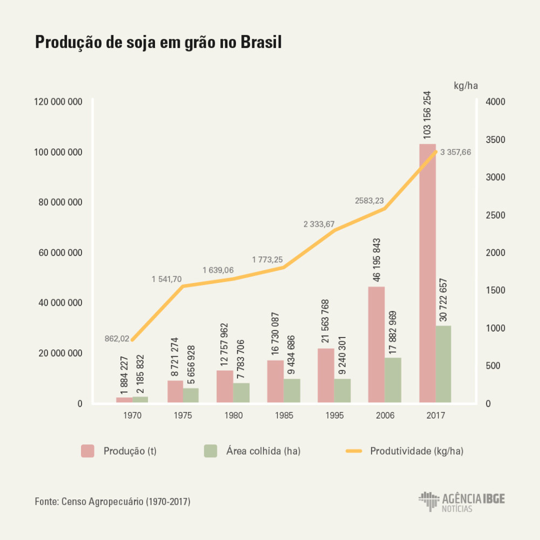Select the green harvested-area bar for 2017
point(443,364)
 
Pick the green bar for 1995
point(342,390)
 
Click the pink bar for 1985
point(275,381)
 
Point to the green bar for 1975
point(191,395)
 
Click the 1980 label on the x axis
point(233,416)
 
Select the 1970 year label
point(132,416)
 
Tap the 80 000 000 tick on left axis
point(59,202)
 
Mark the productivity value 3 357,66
point(456,152)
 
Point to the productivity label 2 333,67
point(319,224)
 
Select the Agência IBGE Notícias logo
point(462,502)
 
